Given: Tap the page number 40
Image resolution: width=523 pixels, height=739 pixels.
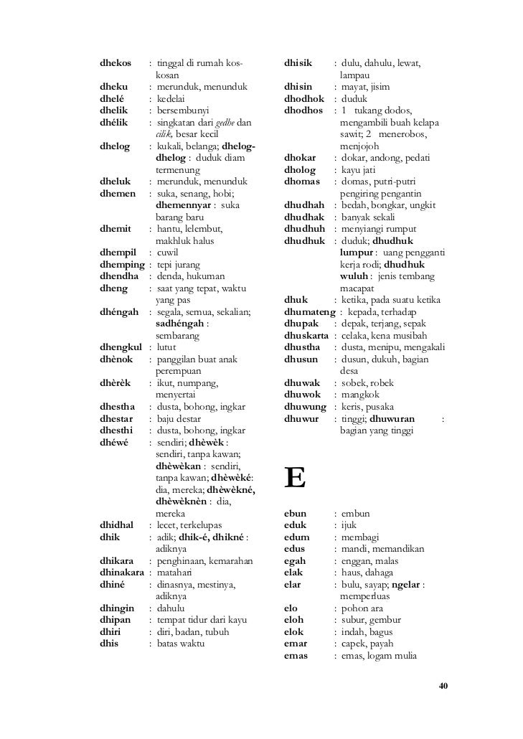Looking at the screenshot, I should [x=443, y=687].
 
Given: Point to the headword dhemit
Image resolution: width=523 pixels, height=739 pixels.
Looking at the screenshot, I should [x=116, y=229].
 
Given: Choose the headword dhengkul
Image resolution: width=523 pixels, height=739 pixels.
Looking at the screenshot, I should [x=121, y=347].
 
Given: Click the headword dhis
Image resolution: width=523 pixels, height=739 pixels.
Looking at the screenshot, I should [x=108, y=643].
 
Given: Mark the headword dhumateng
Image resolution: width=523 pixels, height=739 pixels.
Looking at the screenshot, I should [x=310, y=311].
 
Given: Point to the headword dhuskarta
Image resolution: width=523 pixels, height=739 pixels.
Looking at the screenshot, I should [x=309, y=335].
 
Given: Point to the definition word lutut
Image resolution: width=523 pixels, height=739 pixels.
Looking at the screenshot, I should [x=166, y=347].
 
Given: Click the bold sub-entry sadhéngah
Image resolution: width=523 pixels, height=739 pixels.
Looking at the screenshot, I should [x=179, y=323].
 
